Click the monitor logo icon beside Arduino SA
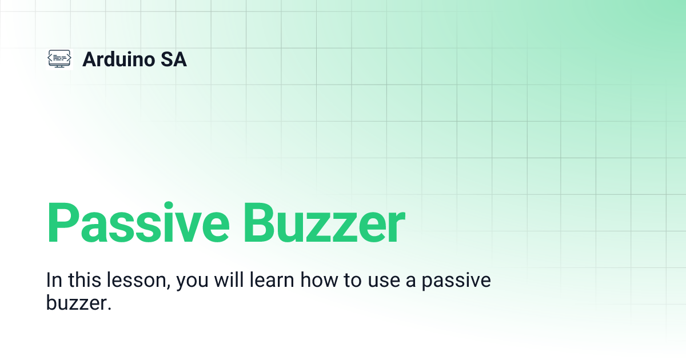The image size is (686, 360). (59, 59)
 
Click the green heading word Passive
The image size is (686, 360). (137, 223)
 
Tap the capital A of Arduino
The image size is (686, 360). (89, 59)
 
